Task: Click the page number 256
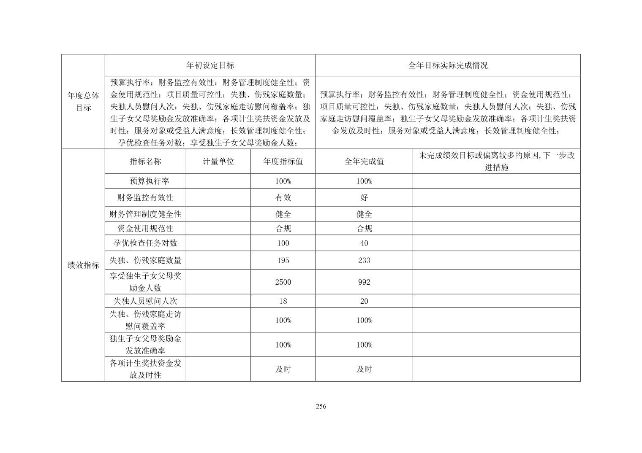click(x=321, y=407)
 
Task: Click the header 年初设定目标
click(x=210, y=65)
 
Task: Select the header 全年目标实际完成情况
click(x=448, y=65)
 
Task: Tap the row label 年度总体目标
click(x=83, y=102)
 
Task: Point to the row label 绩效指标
click(x=83, y=265)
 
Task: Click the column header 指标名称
click(x=145, y=161)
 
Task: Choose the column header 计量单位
click(x=218, y=161)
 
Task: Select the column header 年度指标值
click(x=283, y=161)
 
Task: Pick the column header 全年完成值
click(x=364, y=161)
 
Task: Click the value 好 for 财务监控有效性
click(x=364, y=197)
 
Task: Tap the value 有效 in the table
click(x=283, y=197)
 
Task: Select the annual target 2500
click(x=283, y=282)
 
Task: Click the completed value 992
click(x=364, y=282)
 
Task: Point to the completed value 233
click(x=364, y=261)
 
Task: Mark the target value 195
click(x=283, y=261)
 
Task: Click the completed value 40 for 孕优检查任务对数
click(x=364, y=243)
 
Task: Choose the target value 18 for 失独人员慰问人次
click(x=283, y=301)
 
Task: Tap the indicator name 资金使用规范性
click(x=145, y=229)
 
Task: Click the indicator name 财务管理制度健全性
click(x=145, y=214)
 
